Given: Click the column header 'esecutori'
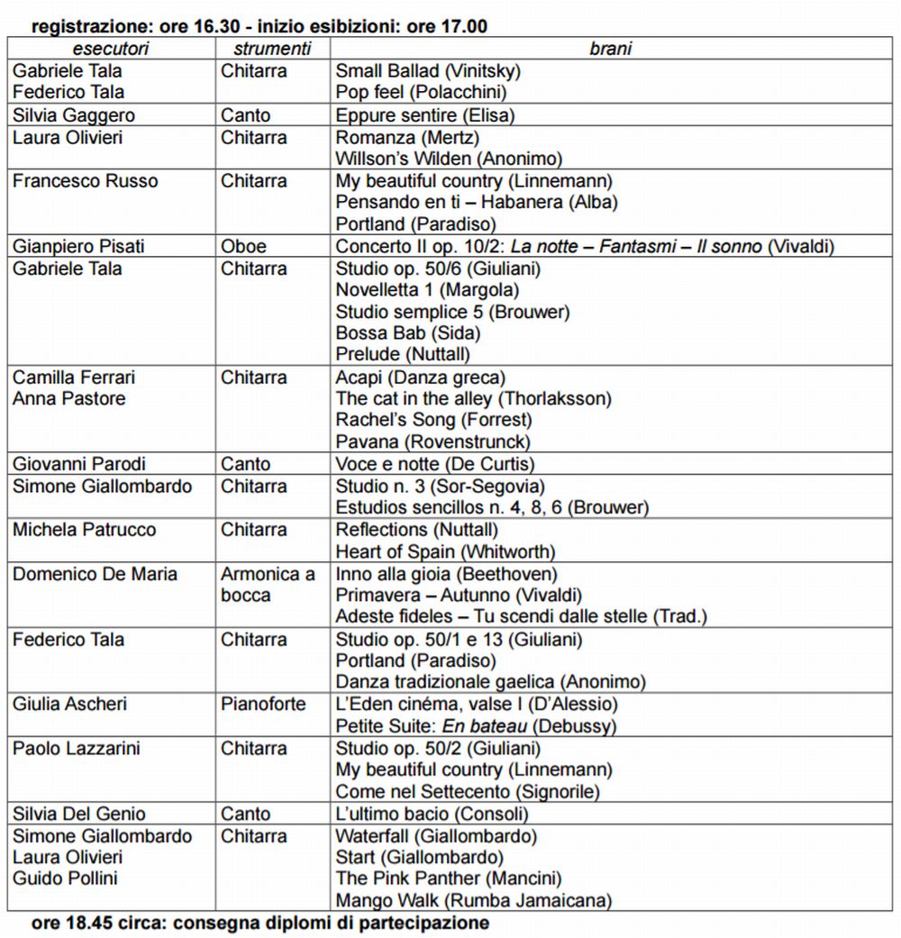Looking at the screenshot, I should point(111,49).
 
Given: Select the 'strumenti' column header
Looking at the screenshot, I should point(272,49).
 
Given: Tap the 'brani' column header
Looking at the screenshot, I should point(610,49).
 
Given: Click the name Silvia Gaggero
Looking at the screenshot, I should point(74,115).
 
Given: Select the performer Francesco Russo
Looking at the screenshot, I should point(85,180).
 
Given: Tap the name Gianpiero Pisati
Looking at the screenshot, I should point(78,246).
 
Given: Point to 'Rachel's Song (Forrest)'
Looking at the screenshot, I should point(433,420).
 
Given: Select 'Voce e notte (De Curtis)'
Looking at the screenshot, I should point(435,464).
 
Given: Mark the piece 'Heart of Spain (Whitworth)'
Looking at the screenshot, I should point(445,551).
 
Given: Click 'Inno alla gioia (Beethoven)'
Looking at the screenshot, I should point(447,574).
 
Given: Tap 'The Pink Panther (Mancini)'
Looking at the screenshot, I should point(448,878).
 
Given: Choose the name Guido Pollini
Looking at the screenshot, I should point(65,878).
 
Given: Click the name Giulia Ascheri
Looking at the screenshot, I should point(70,704).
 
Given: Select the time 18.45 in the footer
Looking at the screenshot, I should point(85,923).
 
